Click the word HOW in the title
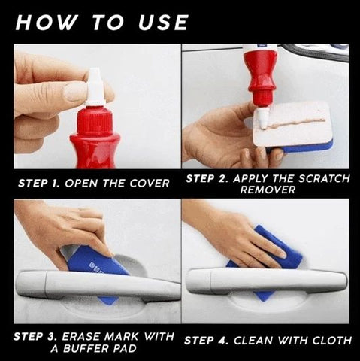[x=46, y=23]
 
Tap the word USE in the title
[x=163, y=23]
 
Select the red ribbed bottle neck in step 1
[x=95, y=121]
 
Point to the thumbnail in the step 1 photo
[x=74, y=92]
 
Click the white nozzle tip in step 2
[x=261, y=118]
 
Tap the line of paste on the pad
[x=295, y=123]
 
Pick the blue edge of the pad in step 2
[x=301, y=148]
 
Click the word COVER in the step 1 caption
[x=150, y=184]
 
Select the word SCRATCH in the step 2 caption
[x=324, y=178]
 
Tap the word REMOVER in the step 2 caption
[x=268, y=190]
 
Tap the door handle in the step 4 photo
[x=266, y=281]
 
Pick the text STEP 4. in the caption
[x=206, y=341]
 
